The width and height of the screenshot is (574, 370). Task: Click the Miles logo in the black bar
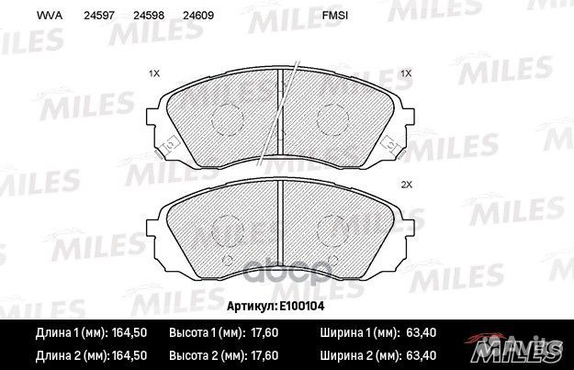point(520,348)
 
